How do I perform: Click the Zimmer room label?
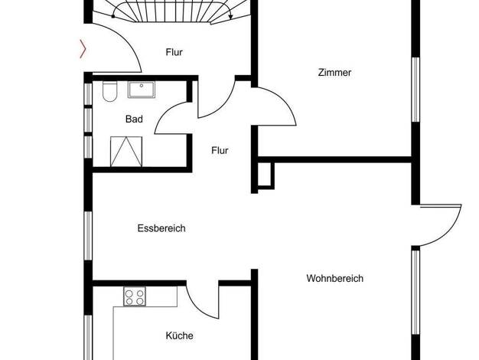click(x=334, y=73)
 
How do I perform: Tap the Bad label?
click(x=134, y=119)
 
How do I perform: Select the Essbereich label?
click(x=161, y=228)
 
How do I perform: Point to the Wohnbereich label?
click(x=335, y=278)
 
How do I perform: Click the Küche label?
click(x=179, y=335)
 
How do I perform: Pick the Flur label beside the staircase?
click(x=174, y=52)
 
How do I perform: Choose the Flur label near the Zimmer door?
click(x=220, y=150)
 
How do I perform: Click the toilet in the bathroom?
click(x=110, y=91)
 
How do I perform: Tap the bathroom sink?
click(x=142, y=90)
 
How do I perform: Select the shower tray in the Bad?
click(x=126, y=152)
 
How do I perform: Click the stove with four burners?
click(x=135, y=296)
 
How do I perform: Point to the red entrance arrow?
click(x=83, y=49)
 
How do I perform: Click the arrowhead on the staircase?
click(x=230, y=17)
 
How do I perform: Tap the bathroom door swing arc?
click(x=167, y=113)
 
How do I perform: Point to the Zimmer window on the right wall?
click(x=415, y=90)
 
